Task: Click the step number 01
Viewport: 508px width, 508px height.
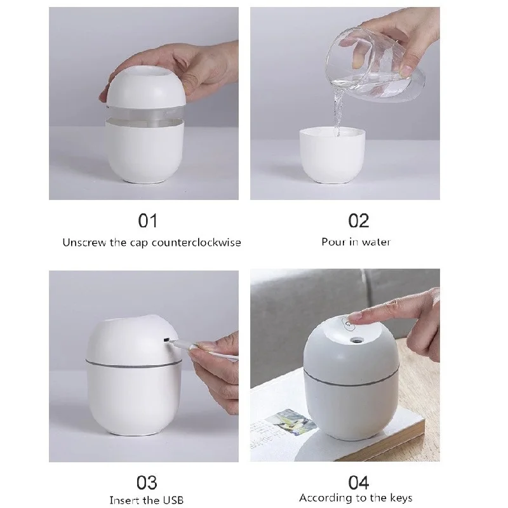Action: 148,220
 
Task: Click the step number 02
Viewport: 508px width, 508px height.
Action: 359,220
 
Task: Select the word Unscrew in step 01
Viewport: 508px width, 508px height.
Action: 84,242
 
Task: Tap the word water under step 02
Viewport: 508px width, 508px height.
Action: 377,242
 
